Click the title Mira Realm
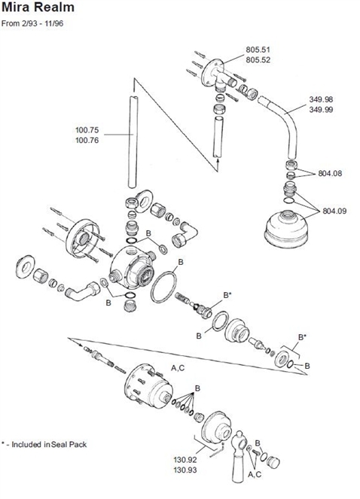(38, 8)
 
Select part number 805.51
(257, 49)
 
